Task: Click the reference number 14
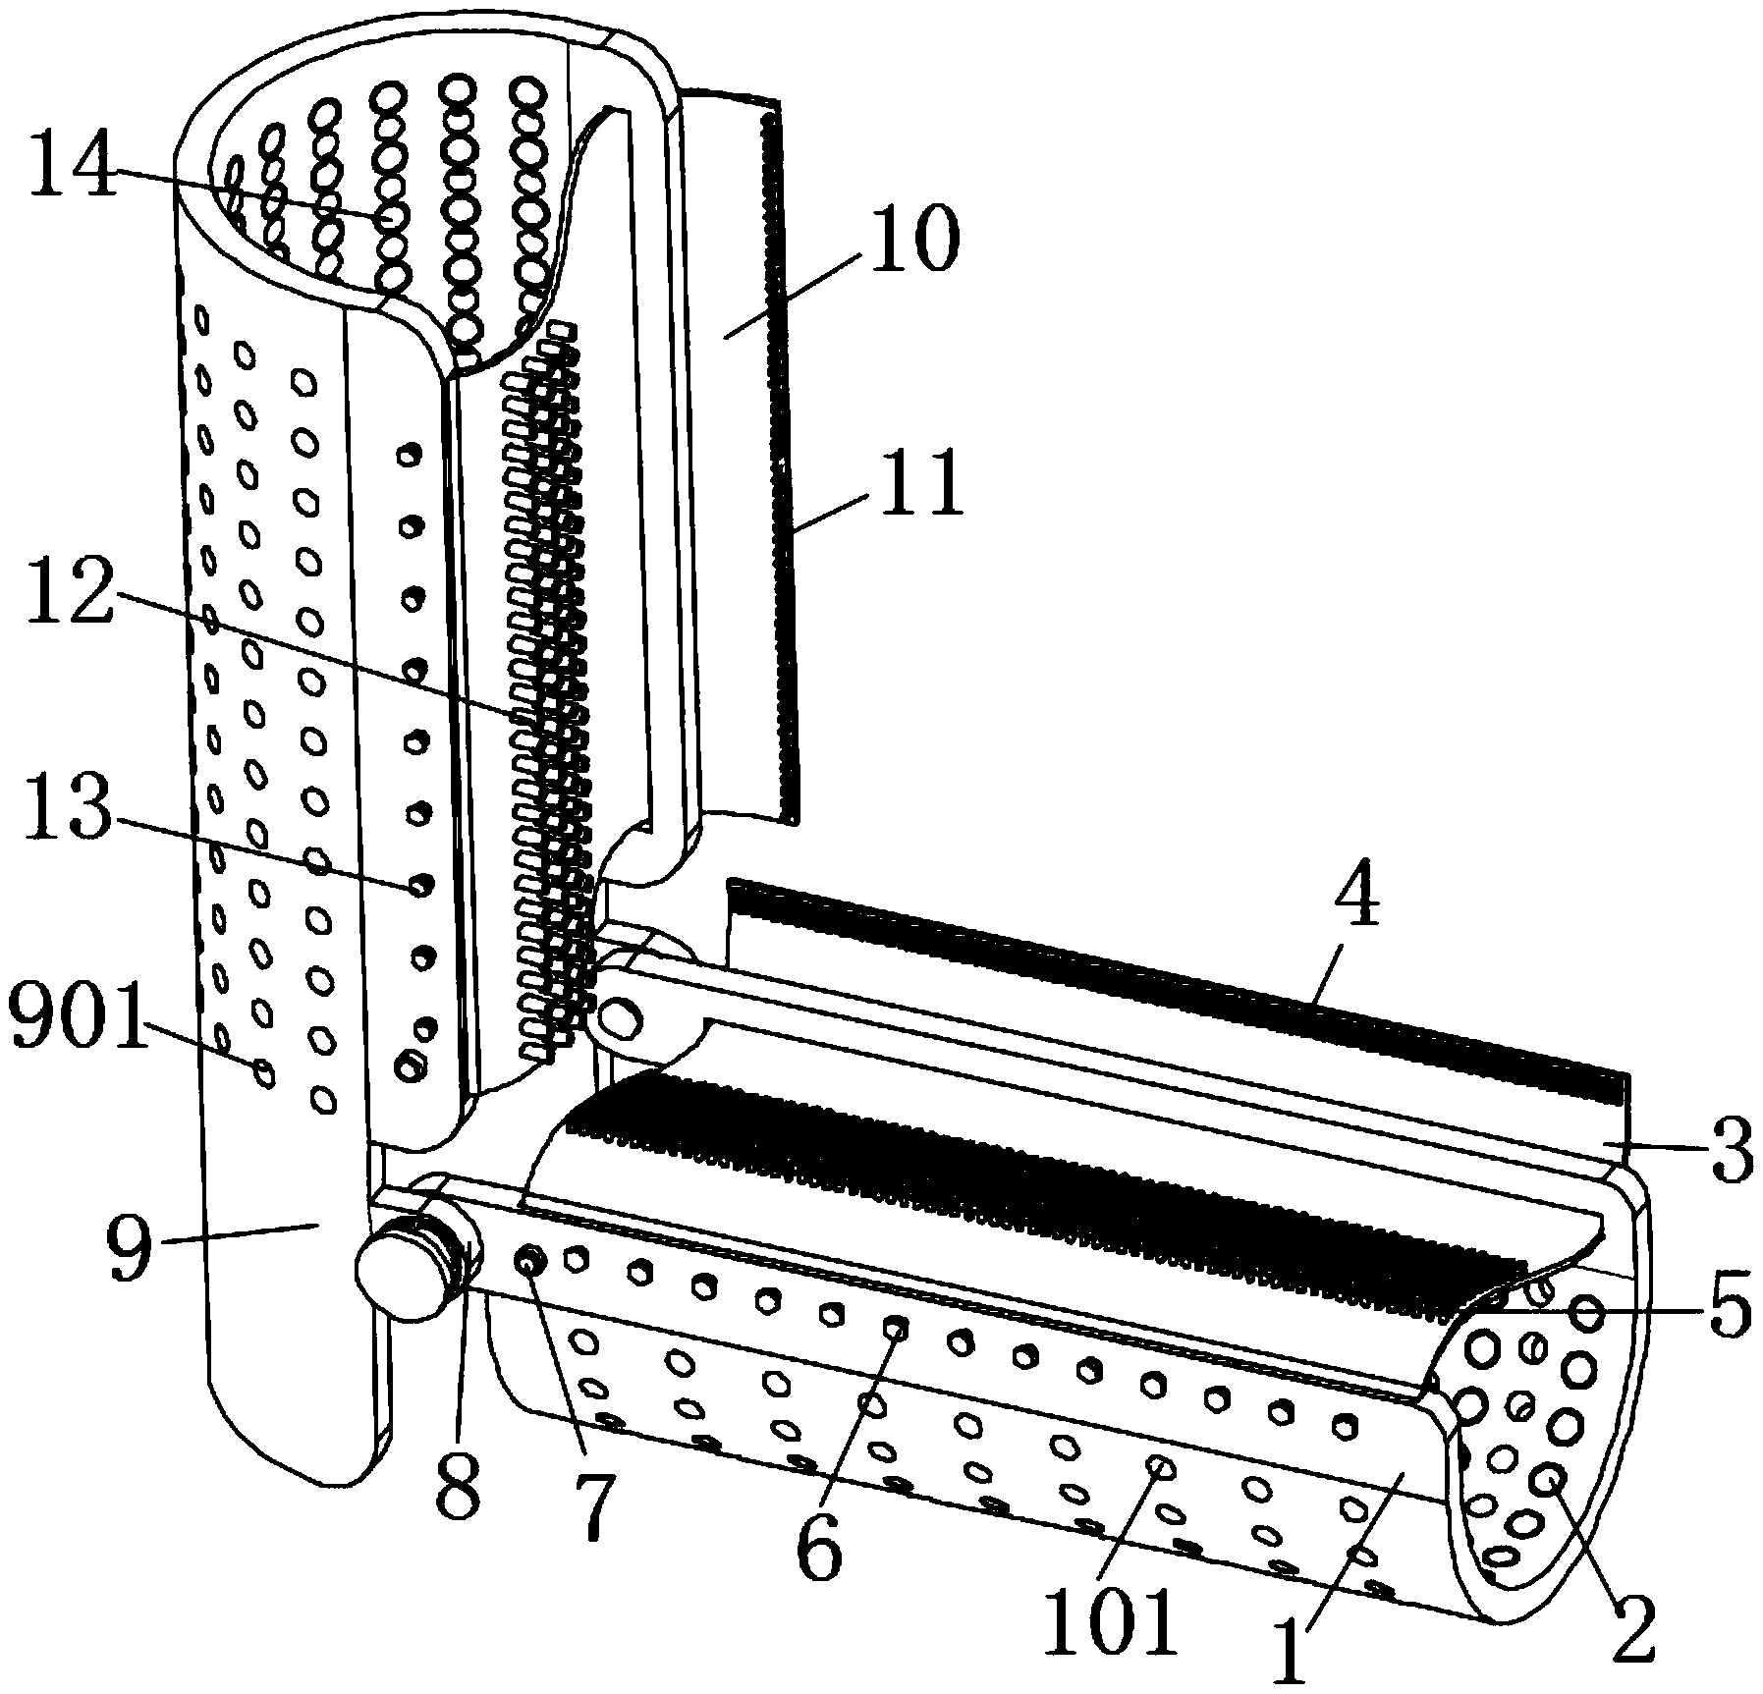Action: click(72, 167)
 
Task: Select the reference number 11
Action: click(920, 486)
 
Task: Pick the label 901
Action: click(75, 1032)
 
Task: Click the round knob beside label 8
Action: click(400, 1274)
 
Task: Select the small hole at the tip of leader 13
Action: click(420, 885)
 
